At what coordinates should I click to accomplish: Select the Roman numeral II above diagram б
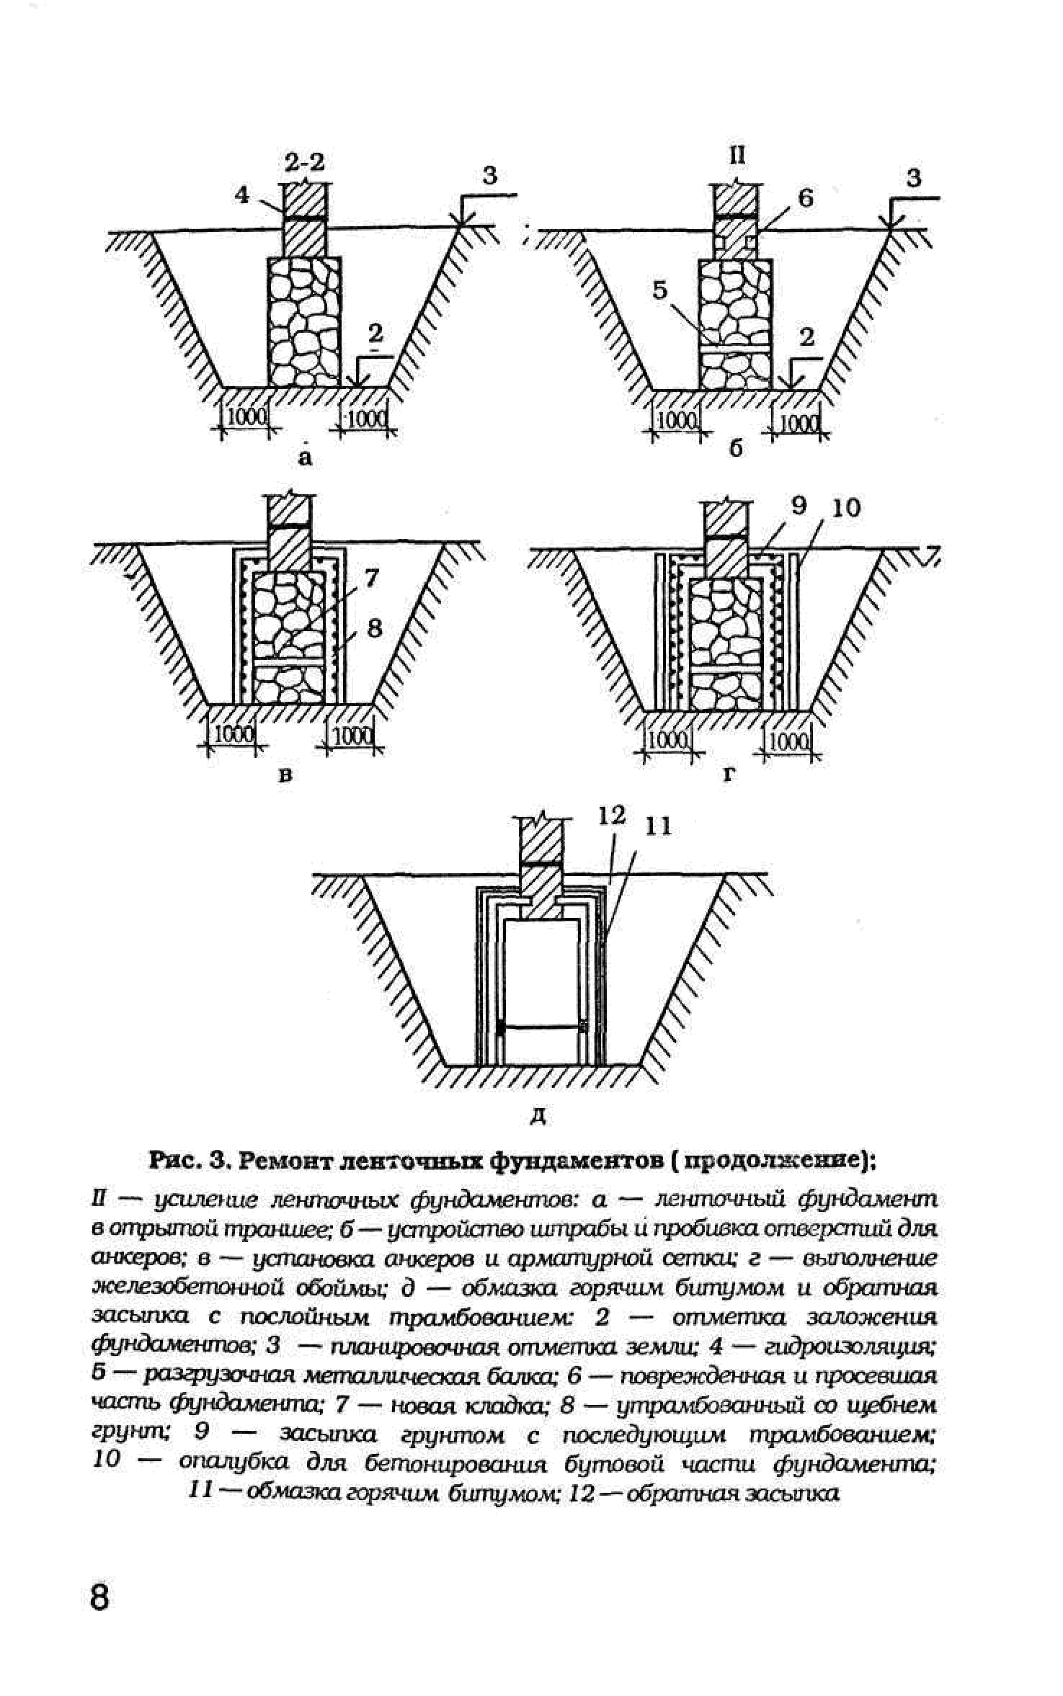[737, 155]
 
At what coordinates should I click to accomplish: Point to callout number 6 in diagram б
[805, 197]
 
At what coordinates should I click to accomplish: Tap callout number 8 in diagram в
[374, 628]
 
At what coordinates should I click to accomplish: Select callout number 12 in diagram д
[612, 816]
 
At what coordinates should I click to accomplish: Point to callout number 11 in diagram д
[657, 826]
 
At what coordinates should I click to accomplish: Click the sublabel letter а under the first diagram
[306, 457]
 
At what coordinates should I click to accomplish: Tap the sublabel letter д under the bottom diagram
[538, 1117]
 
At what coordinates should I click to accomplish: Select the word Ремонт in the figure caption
[288, 1161]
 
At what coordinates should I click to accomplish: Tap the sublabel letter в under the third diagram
[286, 776]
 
